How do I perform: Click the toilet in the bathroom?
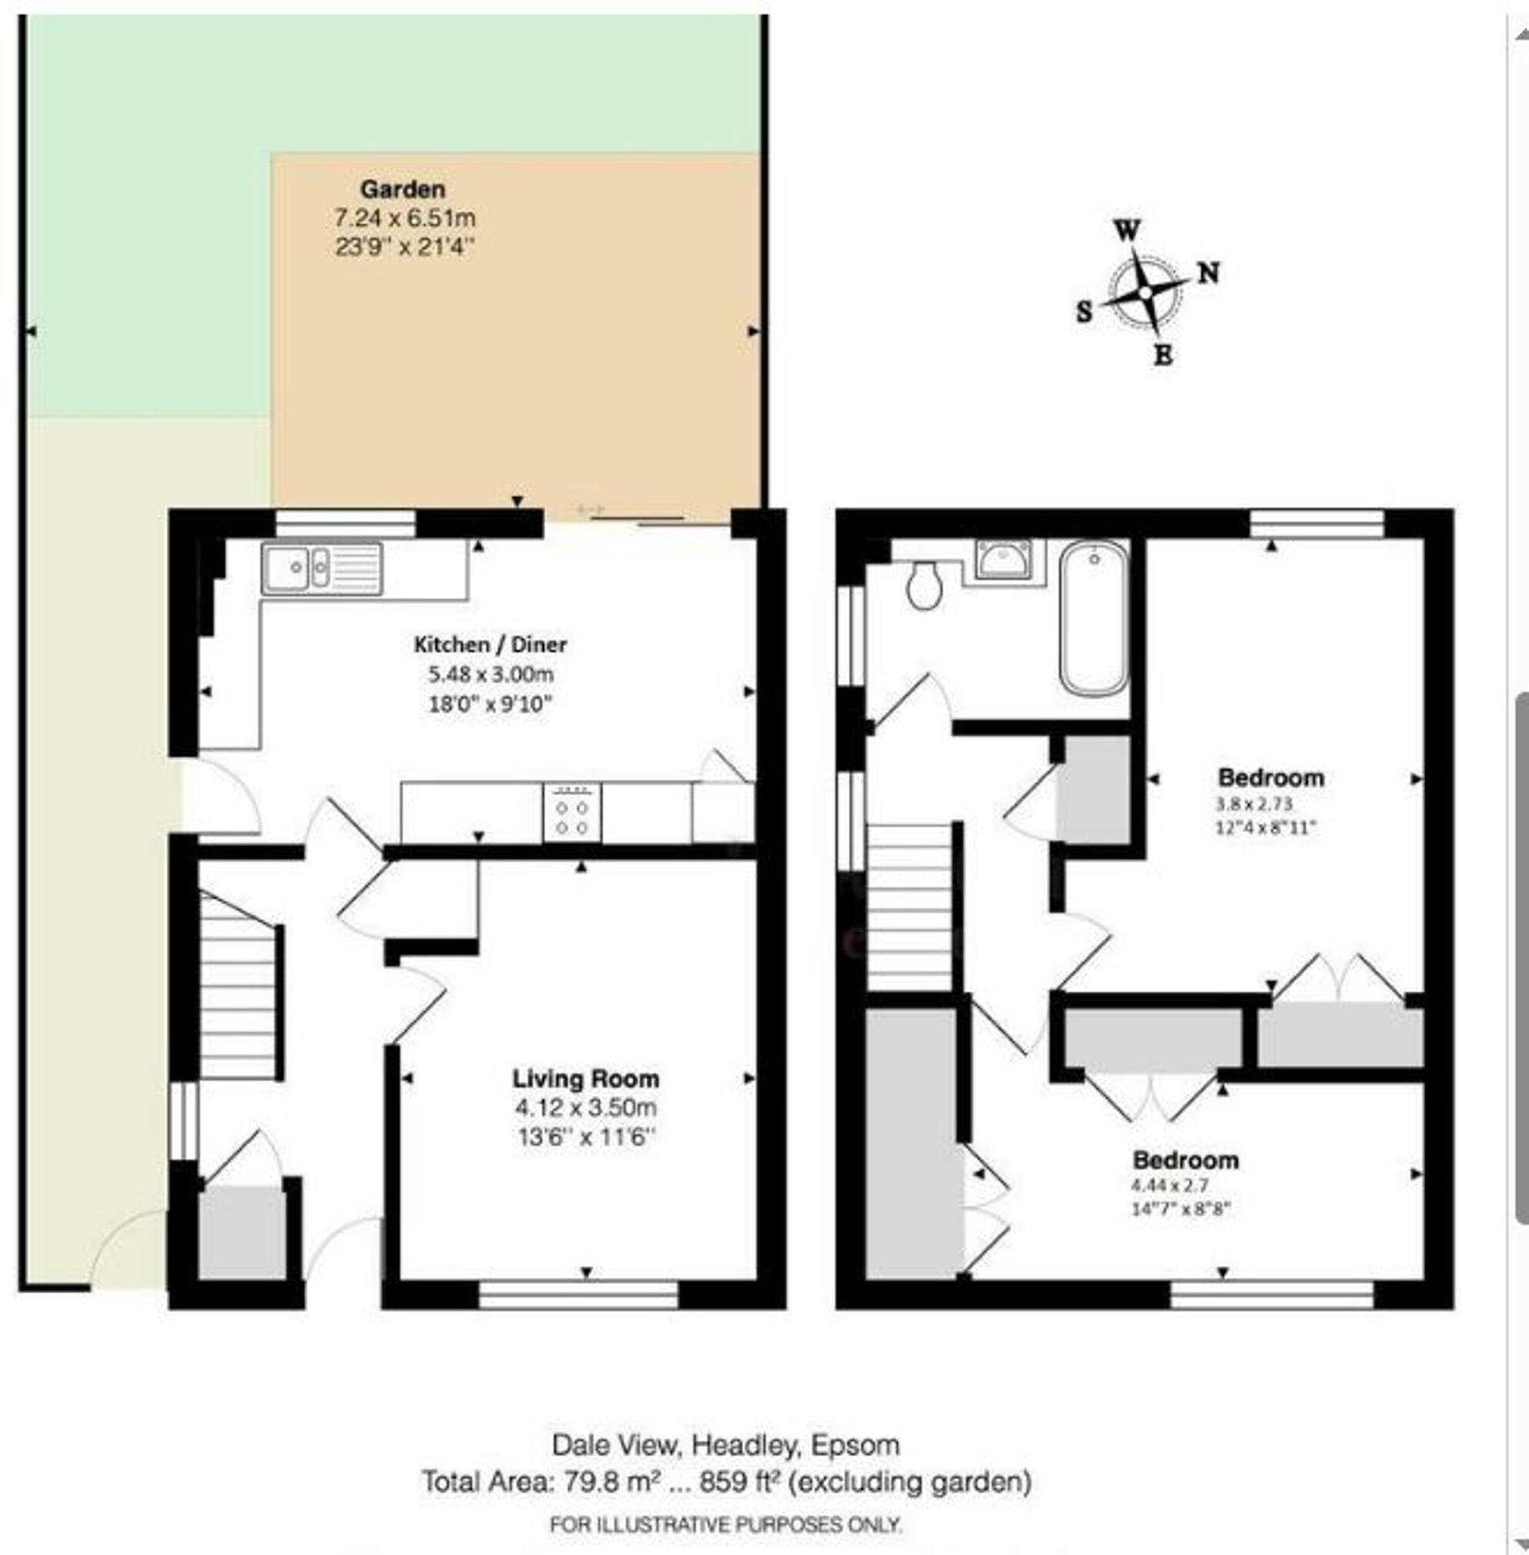924,586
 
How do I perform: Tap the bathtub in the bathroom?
1093,617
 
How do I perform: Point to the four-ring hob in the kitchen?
572,813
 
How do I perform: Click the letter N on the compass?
1209,274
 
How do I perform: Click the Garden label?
402,189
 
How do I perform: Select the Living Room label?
586,1078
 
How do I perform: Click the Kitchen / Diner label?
490,644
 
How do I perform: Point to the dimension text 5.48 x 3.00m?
491,674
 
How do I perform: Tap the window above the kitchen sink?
346,523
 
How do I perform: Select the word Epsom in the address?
855,1445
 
